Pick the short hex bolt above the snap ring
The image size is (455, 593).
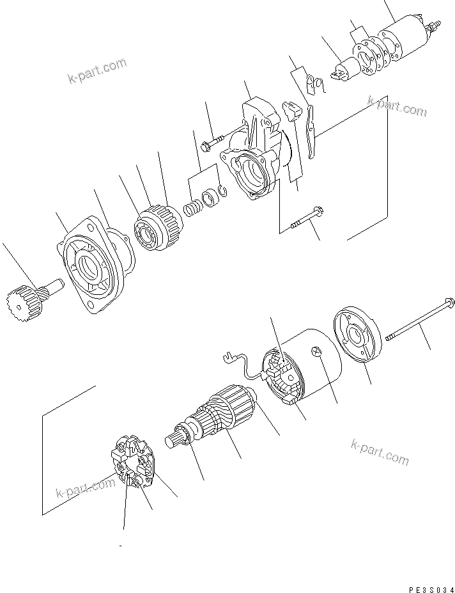pos(213,141)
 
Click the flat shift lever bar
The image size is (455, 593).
pos(312,131)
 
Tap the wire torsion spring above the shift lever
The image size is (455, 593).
pos(314,84)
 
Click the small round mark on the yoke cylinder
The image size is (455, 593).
pos(314,351)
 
